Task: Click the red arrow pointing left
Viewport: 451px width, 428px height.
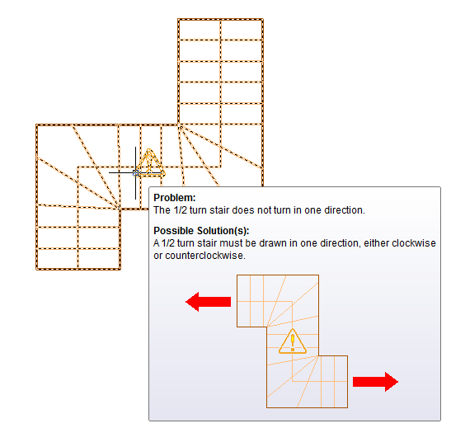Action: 209,302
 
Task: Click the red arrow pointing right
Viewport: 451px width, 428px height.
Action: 375,382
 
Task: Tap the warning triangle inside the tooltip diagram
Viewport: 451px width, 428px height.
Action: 293,341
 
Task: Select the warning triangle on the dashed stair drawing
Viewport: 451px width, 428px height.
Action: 149,162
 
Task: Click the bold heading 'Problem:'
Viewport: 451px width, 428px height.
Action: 175,198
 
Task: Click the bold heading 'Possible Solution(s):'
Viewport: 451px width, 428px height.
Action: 201,231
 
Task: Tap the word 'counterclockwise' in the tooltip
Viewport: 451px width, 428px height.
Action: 205,256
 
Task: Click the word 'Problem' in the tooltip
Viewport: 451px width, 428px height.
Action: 173,198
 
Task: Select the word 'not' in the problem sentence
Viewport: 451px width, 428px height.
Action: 264,210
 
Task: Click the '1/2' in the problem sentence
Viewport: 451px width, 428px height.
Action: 180,210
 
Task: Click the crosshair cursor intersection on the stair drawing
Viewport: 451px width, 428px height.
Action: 135,172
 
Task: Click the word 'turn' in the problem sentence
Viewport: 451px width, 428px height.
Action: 198,210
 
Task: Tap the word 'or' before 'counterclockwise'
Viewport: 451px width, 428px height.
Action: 158,256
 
